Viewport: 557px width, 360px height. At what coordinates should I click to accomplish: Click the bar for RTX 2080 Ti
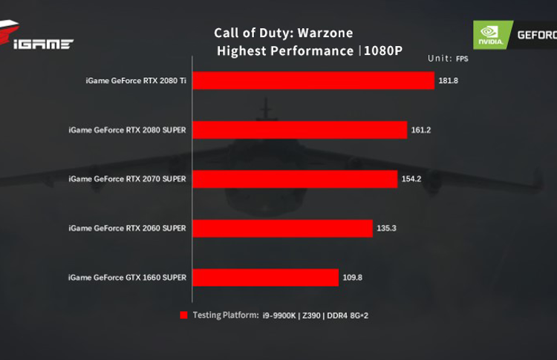coord(313,80)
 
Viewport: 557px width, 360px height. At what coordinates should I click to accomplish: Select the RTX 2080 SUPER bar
coord(301,130)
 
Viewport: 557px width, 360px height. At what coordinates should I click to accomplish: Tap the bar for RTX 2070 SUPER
coord(296,179)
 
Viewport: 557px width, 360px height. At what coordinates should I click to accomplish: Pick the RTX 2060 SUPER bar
coord(283,228)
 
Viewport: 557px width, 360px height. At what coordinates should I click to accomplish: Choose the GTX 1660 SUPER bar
coord(266,278)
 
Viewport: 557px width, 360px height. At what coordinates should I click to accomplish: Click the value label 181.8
coord(449,80)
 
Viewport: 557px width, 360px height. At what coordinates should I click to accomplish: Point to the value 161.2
coord(421,130)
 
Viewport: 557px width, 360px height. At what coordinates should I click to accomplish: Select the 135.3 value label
coord(387,228)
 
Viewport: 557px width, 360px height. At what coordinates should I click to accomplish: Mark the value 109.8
coord(353,278)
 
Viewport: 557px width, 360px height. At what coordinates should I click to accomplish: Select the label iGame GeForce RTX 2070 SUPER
coord(127,179)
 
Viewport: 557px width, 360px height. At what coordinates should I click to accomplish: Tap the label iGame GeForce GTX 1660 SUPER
coord(127,278)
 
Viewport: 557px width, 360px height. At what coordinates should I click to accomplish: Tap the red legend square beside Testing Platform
coord(183,315)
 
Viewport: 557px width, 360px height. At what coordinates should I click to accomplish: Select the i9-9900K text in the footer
coord(280,315)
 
